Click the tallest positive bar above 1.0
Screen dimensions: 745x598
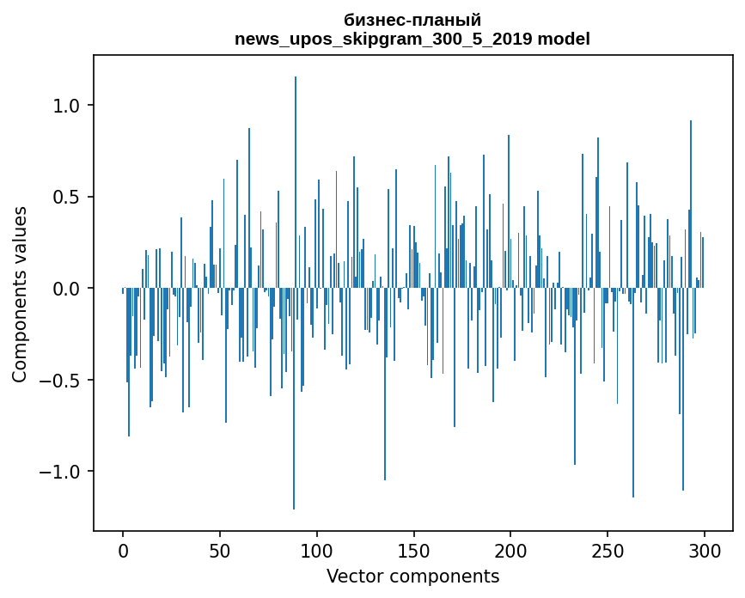click(296, 182)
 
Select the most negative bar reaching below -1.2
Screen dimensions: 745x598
click(294, 399)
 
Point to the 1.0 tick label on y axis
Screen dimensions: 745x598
click(66, 106)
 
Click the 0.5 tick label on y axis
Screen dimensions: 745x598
click(66, 197)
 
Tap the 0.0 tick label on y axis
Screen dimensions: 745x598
click(66, 289)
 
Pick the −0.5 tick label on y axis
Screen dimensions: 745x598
click(59, 380)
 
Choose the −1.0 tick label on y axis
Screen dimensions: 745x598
click(59, 472)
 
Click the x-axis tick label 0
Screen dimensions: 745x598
click(123, 552)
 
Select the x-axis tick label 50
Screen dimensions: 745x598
click(219, 552)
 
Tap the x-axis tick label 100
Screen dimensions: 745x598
click(316, 552)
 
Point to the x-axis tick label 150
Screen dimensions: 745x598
click(413, 552)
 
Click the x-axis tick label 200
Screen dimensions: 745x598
click(510, 552)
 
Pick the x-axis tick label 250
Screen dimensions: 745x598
click(608, 552)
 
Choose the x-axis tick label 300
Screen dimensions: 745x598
click(704, 552)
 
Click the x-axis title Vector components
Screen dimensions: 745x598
click(412, 577)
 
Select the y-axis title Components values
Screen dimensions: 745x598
click(20, 294)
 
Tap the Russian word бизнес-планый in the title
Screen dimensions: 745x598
click(412, 21)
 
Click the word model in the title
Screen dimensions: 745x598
click(564, 39)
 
